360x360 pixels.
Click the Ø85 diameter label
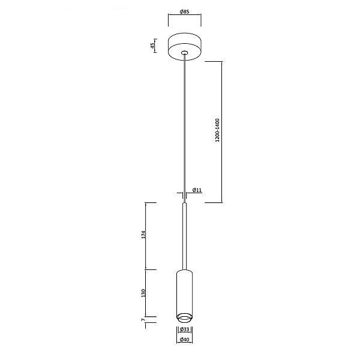[x=185, y=11]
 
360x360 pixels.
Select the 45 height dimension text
[x=152, y=46]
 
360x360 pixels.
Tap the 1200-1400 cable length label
[x=217, y=130]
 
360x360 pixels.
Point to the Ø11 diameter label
[x=197, y=190]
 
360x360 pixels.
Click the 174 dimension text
[x=143, y=235]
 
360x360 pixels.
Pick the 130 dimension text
[x=143, y=293]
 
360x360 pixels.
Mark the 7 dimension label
[x=143, y=319]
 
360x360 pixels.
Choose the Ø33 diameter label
[x=185, y=329]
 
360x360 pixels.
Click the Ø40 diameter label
[x=185, y=340]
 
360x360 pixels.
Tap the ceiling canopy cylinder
[x=185, y=47]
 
